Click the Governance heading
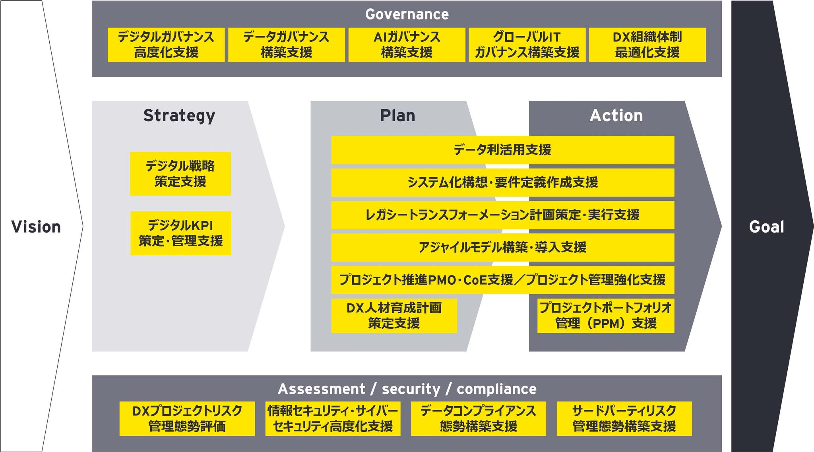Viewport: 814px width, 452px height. [407, 14]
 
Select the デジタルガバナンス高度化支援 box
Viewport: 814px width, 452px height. [166, 45]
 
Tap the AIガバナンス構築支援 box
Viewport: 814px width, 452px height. [407, 45]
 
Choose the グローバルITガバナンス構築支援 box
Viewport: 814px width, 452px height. [527, 45]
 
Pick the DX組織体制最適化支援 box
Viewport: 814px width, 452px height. [647, 45]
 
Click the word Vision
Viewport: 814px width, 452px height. [36, 227]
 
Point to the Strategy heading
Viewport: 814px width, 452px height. [179, 116]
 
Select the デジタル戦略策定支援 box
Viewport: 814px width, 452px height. [180, 174]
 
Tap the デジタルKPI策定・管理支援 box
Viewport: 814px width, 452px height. [180, 233]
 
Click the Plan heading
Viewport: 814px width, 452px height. [397, 116]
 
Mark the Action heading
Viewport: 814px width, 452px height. [616, 116]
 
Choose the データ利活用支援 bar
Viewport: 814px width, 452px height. [502, 150]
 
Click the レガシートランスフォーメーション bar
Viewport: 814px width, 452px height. [502, 215]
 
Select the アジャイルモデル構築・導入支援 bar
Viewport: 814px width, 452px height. [502, 247]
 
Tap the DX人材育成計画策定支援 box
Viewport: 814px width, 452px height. [394, 316]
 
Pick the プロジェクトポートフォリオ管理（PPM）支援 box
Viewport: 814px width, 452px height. [605, 316]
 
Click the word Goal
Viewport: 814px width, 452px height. [766, 227]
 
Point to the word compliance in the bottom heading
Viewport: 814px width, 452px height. [496, 389]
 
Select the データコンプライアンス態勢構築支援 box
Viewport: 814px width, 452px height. [478, 419]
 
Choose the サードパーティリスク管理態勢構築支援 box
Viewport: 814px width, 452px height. [624, 419]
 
